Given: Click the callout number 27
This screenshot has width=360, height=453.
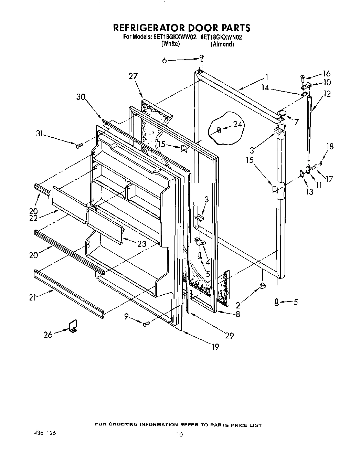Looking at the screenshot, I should (x=133, y=76).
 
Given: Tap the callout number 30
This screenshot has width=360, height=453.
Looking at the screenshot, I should (x=81, y=97).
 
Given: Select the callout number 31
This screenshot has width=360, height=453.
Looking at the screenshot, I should (x=40, y=134).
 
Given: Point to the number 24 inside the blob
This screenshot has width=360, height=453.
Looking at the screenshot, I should (x=237, y=125).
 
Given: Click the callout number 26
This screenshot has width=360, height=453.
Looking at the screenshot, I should (x=48, y=334).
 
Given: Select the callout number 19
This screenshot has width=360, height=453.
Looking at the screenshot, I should (x=215, y=347).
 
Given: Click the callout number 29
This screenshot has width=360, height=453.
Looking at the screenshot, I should (x=229, y=336).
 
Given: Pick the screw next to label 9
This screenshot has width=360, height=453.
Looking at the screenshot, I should (x=147, y=323).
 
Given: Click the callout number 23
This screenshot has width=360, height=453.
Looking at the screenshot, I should (x=141, y=244).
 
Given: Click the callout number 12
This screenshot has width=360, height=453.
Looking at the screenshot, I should (x=327, y=94).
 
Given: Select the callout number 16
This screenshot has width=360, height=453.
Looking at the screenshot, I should (x=326, y=73).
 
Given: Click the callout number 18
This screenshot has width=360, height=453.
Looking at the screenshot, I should (x=330, y=146).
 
